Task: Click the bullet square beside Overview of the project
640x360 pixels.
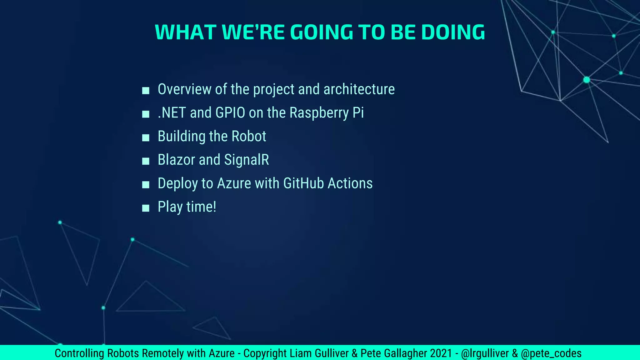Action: (x=146, y=91)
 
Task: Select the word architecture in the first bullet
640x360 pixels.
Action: (x=359, y=89)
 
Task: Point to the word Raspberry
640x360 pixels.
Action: (x=319, y=113)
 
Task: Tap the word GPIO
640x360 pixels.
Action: (x=230, y=113)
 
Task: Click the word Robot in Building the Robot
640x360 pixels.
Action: (x=249, y=136)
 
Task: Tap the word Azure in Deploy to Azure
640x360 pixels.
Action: (x=234, y=183)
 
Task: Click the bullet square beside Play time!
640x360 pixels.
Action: (x=146, y=208)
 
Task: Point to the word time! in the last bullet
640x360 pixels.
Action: (x=201, y=207)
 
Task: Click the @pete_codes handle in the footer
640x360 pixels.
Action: (x=551, y=353)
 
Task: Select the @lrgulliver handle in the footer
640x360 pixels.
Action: (x=485, y=353)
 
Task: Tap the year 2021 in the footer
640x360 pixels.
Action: (x=441, y=353)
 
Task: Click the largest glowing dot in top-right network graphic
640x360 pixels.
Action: (x=587, y=80)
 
